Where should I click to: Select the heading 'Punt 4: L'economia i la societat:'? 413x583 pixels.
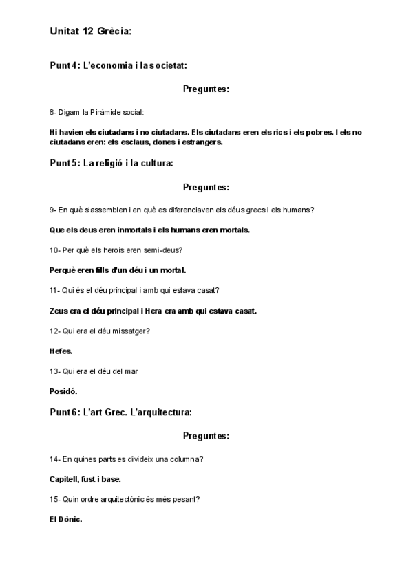[118, 65]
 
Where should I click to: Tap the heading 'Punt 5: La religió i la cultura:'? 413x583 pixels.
[111, 163]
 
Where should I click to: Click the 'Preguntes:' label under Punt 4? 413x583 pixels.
[206, 89]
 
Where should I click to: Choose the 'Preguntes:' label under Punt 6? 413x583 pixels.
[206, 436]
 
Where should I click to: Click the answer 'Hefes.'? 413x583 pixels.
[61, 351]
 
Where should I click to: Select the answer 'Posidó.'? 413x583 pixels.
[63, 391]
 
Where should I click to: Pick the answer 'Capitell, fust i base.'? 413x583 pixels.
[85, 479]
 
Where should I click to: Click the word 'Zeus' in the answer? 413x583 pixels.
[59, 311]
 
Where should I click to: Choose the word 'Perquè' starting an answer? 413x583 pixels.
[62, 270]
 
